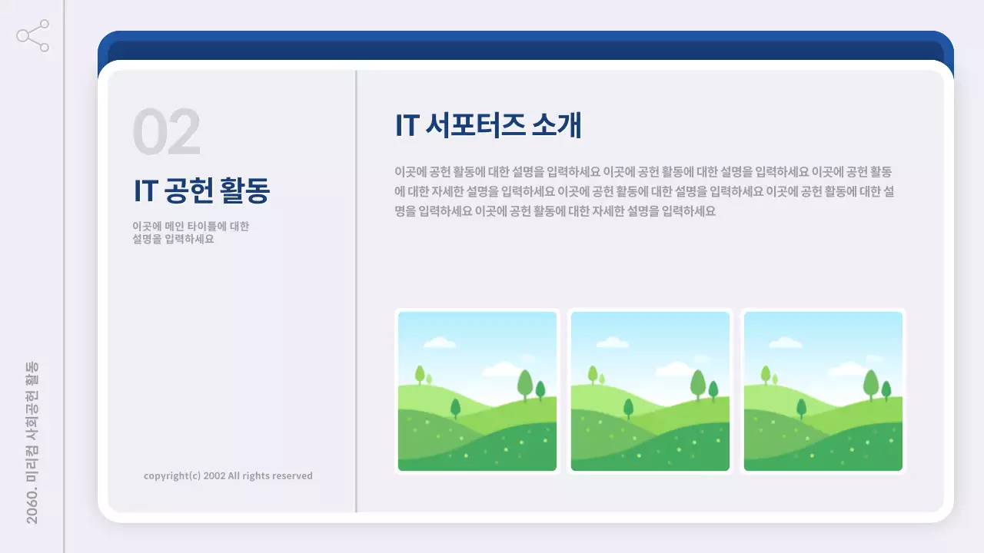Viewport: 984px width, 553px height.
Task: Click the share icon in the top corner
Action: [x=33, y=36]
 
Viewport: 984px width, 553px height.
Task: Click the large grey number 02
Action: [x=167, y=133]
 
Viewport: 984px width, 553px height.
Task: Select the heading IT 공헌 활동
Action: [x=201, y=191]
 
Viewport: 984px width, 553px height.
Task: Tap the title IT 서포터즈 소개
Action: [x=488, y=126]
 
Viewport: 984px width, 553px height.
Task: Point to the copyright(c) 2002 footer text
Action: [x=228, y=475]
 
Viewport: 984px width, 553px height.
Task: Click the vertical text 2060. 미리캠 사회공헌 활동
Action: [x=32, y=442]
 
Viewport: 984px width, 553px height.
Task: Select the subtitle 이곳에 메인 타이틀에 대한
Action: [x=191, y=227]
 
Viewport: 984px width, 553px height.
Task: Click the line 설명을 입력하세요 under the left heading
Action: [x=173, y=239]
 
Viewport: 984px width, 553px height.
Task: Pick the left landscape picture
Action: [x=477, y=391]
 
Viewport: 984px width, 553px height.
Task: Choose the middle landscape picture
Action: [x=650, y=391]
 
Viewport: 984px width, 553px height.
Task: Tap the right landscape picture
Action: [x=823, y=391]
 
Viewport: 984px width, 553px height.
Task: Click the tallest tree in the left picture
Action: [x=525, y=382]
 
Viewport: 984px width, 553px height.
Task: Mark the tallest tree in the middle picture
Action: [x=698, y=382]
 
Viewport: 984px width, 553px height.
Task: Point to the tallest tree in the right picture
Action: [x=871, y=382]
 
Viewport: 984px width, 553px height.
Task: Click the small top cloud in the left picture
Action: [x=440, y=343]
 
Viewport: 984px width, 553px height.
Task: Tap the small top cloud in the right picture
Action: [x=786, y=343]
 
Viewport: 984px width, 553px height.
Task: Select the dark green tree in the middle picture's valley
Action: [x=628, y=407]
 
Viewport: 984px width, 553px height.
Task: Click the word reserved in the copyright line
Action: [x=292, y=475]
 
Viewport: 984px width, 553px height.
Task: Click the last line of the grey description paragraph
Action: [x=555, y=211]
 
